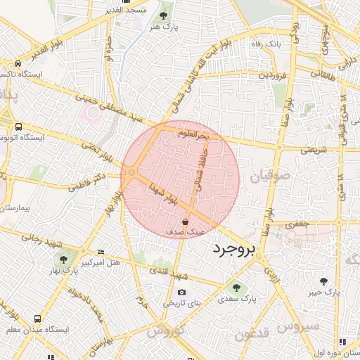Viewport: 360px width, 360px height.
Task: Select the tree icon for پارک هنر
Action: point(164,15)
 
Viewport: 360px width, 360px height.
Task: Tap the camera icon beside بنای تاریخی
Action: point(182,292)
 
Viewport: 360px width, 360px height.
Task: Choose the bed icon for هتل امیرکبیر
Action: point(101,252)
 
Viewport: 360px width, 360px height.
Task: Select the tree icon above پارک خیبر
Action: point(324,281)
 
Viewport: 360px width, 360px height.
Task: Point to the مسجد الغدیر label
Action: point(143,10)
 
